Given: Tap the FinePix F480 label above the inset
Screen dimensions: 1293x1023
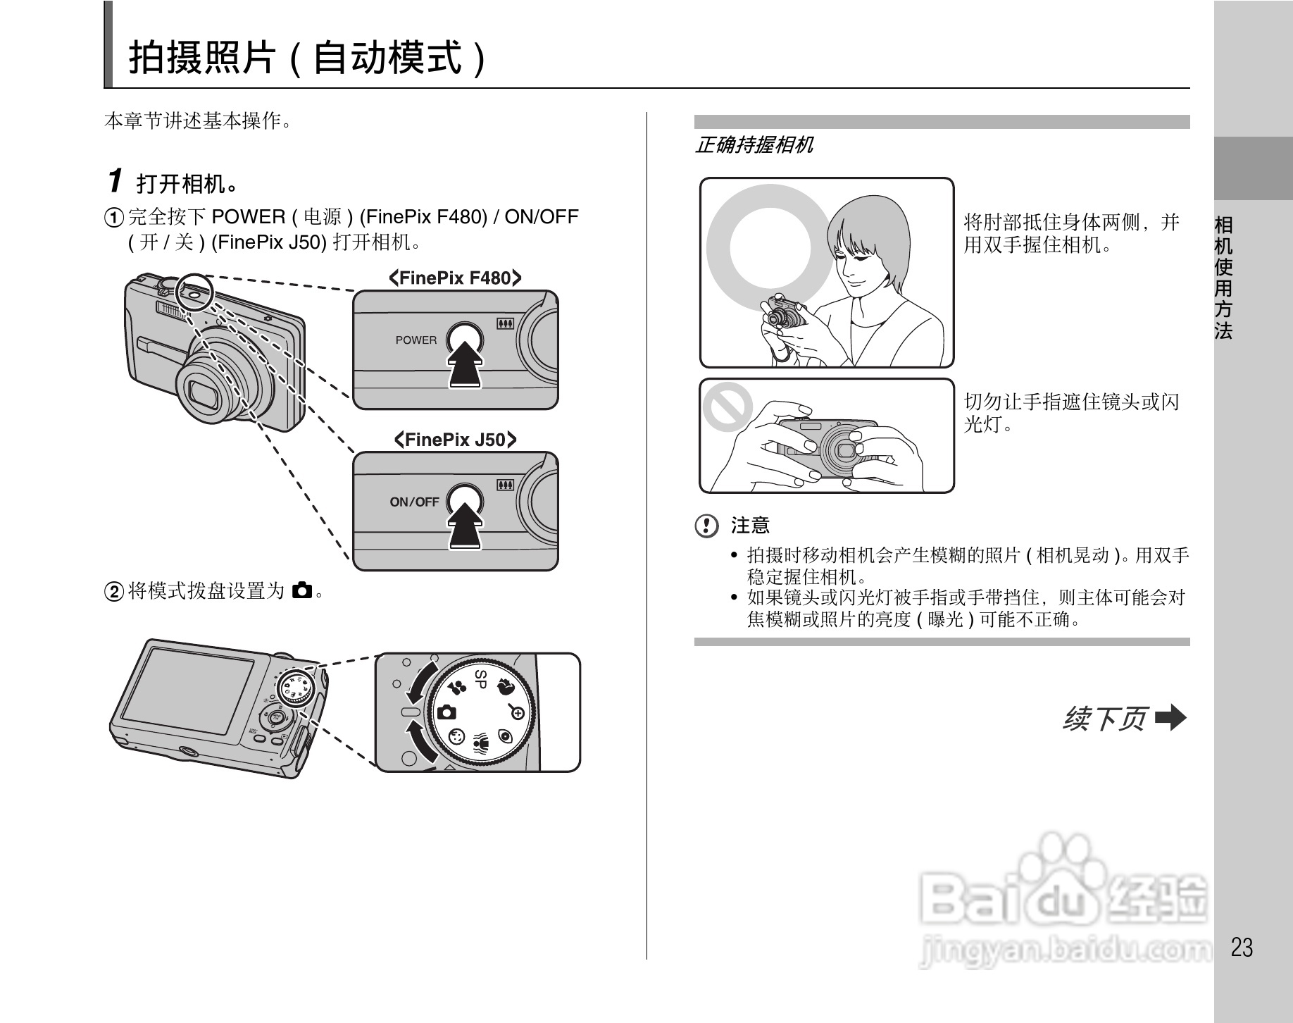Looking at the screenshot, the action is pyautogui.click(x=455, y=278).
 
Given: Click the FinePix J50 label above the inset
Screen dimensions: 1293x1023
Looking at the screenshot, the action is pyautogui.click(x=455, y=440).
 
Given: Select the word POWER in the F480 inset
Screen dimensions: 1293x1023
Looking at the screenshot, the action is pyautogui.click(x=416, y=340).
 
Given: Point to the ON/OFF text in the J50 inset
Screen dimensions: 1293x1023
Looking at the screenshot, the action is pyautogui.click(x=414, y=502).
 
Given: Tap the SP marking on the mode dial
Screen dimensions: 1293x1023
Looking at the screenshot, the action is pyautogui.click(x=480, y=679).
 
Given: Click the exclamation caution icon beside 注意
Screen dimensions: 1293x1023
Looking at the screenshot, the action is pyautogui.click(x=706, y=526).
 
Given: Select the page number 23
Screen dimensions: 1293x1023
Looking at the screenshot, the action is pyautogui.click(x=1242, y=948).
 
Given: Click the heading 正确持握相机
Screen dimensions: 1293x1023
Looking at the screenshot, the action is pyautogui.click(x=754, y=145).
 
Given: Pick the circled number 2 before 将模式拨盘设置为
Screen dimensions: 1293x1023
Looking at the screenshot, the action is pyautogui.click(x=114, y=591).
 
